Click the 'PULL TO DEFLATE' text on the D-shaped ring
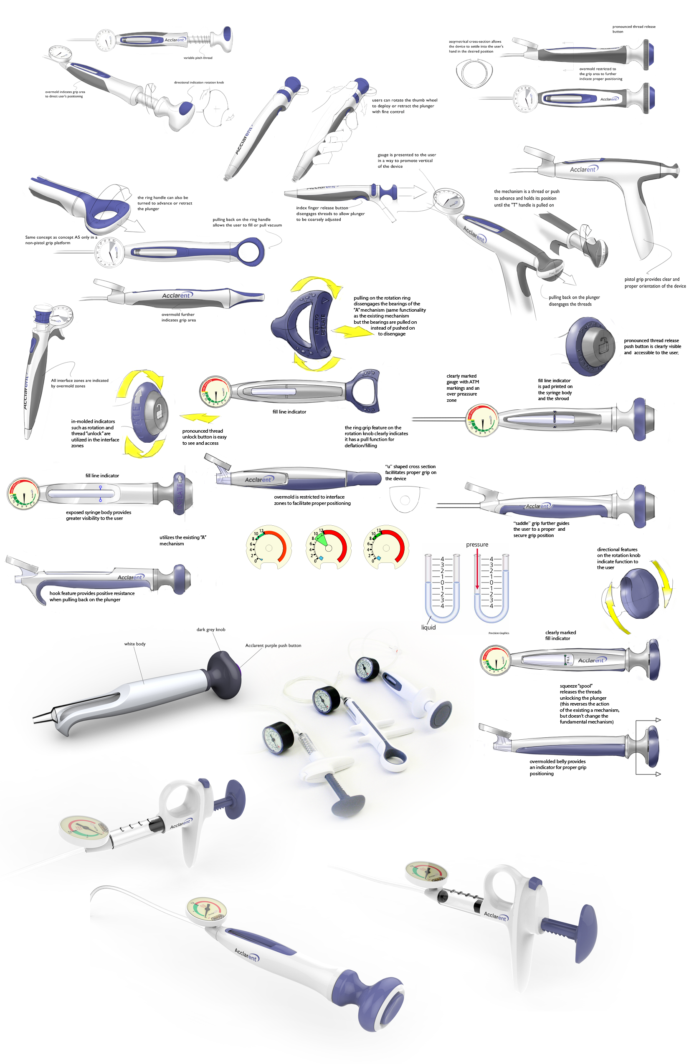(x=319, y=324)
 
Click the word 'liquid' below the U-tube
(x=428, y=627)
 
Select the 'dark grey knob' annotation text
(x=211, y=630)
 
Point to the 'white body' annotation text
(x=134, y=644)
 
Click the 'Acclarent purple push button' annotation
(x=273, y=645)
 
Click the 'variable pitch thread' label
(x=198, y=58)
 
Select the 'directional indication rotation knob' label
(x=199, y=82)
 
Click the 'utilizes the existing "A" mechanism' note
(x=182, y=540)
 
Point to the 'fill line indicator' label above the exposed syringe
(x=102, y=476)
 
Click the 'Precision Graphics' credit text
(x=499, y=633)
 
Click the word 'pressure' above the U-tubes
(x=477, y=545)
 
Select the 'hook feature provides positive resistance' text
(x=92, y=596)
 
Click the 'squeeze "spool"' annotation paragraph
(x=589, y=703)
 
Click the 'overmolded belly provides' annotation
(x=557, y=767)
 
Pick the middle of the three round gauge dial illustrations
(x=328, y=547)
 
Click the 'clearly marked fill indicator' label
(x=560, y=635)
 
